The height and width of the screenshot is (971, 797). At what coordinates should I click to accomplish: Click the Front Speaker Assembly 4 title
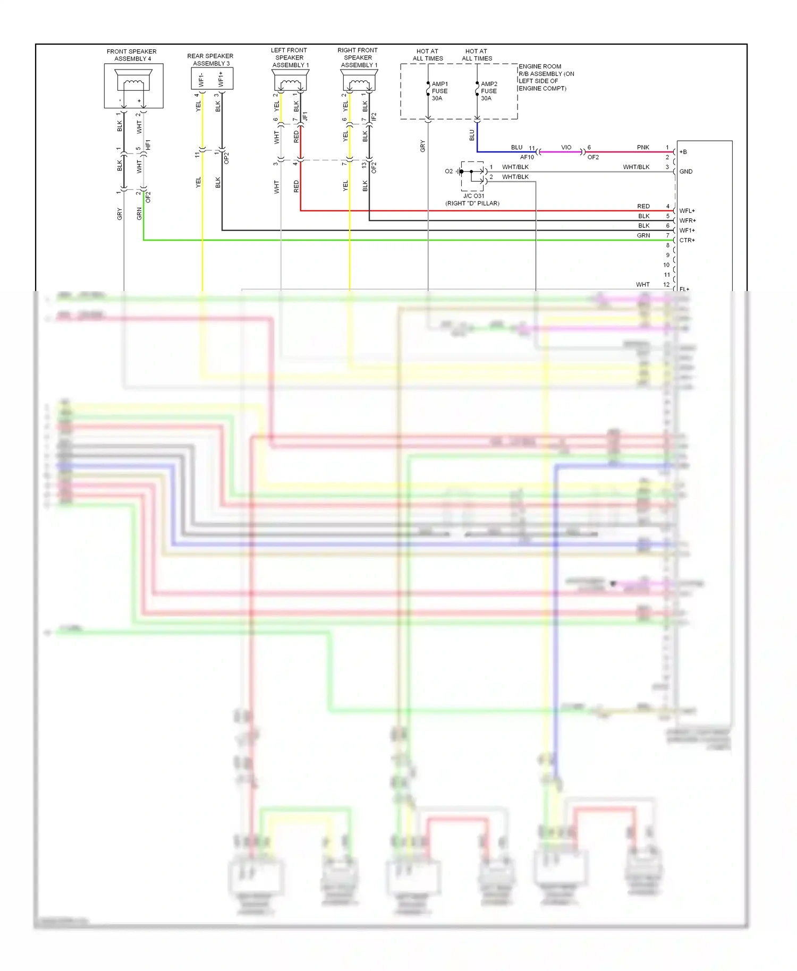pos(132,55)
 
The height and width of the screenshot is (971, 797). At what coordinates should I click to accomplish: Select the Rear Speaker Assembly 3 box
pos(211,79)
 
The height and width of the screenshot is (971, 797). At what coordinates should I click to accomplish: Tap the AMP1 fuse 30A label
pos(439,91)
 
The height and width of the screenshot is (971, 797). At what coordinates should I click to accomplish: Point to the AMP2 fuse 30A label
pos(489,91)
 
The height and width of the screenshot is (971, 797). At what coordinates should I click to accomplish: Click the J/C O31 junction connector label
pos(473,196)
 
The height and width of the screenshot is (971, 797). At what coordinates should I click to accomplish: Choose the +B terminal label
pos(683,152)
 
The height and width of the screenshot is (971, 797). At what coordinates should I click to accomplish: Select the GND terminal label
pos(685,172)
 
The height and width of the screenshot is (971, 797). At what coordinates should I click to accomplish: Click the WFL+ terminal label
pos(687,211)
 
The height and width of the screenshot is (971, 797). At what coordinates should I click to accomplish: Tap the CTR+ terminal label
pos(687,240)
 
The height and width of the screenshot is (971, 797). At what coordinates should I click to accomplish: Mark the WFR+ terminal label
pos(688,220)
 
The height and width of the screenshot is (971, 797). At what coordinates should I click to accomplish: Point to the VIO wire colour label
pos(566,147)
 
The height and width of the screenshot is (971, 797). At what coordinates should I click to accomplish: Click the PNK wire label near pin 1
pos(643,147)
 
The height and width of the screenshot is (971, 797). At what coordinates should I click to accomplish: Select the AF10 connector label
pos(527,157)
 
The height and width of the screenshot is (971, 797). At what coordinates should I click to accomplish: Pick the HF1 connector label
pos(148,144)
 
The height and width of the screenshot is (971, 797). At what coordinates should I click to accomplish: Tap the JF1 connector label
pos(305,116)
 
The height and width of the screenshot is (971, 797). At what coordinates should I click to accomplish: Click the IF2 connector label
pos(374,116)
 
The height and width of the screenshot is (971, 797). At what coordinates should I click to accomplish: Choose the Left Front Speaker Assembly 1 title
pos(290,57)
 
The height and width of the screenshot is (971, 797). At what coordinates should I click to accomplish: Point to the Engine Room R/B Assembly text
pos(546,78)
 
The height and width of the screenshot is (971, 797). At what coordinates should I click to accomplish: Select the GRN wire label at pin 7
pos(643,235)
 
